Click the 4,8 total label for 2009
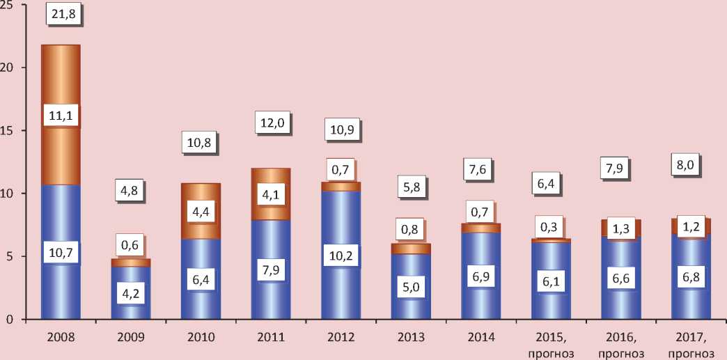point(130,191)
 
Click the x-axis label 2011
point(270,338)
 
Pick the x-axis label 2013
point(411,338)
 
